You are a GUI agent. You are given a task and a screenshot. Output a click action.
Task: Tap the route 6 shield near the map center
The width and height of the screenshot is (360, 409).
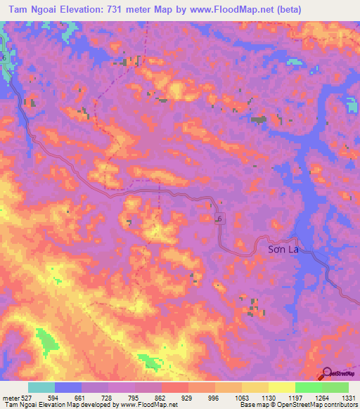(x=219, y=220)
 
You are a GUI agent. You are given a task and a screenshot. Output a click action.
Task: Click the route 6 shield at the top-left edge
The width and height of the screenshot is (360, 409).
(x=3, y=56)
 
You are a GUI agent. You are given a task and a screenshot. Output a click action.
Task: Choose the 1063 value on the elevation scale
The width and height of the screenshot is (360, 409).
(x=241, y=398)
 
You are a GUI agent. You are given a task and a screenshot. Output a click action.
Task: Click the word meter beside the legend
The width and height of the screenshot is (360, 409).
(x=11, y=398)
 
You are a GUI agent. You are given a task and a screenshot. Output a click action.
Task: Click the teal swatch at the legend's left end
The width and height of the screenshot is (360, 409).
(x=41, y=387)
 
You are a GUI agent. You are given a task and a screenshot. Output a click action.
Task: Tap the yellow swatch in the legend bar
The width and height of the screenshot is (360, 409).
(x=282, y=387)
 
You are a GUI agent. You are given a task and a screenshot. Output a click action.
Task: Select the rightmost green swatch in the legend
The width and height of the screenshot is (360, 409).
(x=335, y=387)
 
